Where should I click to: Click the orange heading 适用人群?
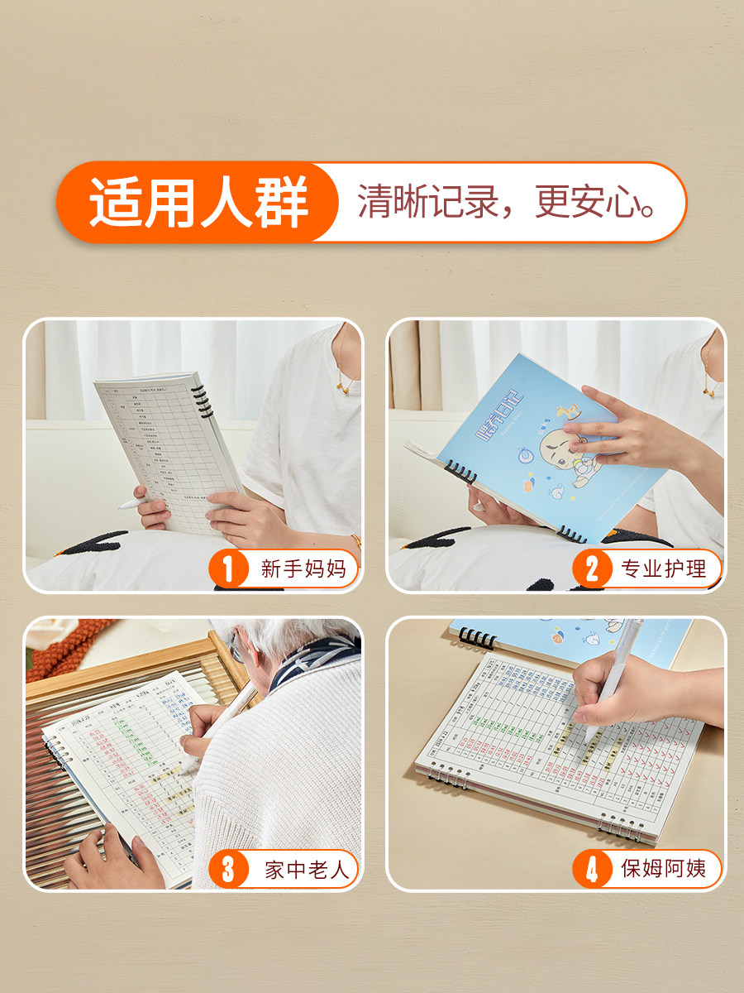click(198, 203)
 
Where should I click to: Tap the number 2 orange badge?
click(592, 569)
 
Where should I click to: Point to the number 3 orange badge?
click(229, 869)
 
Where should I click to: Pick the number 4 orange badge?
click(592, 869)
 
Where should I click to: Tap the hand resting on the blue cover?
click(612, 426)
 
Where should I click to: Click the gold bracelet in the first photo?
click(356, 542)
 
